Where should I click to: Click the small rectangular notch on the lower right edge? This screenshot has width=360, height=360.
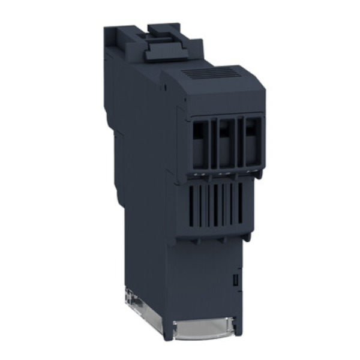(x=236, y=279)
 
